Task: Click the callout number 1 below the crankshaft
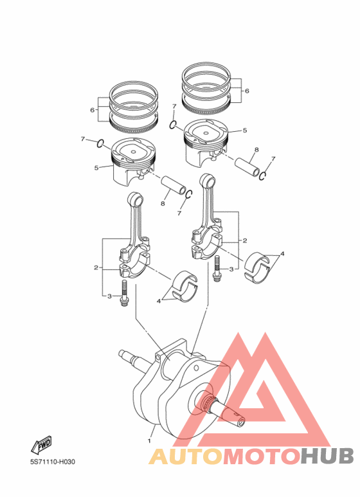(149, 441)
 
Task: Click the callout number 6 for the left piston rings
(93, 110)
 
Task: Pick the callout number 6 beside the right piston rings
(246, 91)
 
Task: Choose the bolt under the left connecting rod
(125, 294)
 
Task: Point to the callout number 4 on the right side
(282, 254)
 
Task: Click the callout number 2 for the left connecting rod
(96, 267)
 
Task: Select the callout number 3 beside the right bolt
(231, 269)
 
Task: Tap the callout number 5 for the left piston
(96, 168)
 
